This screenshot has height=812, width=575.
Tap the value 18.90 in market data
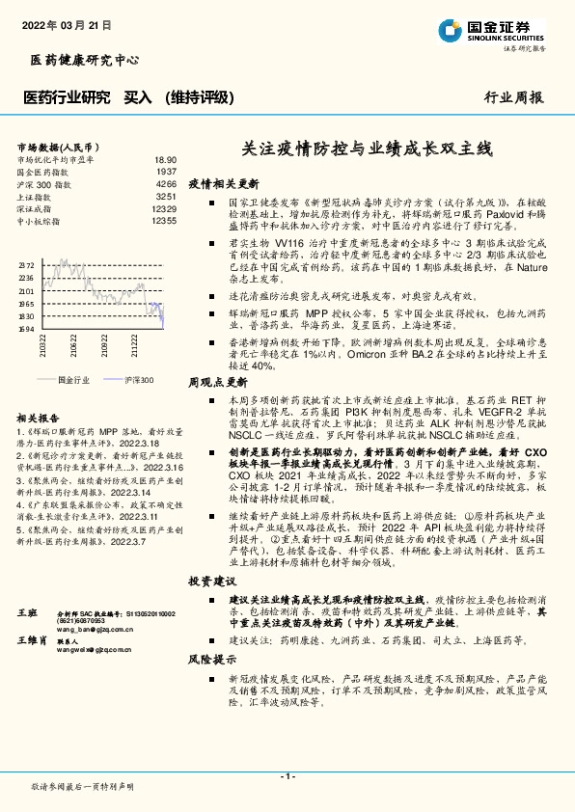165,160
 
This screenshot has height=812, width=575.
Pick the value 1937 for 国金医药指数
166,172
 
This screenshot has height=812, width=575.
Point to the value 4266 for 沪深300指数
166,183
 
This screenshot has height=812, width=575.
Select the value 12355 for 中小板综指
163,221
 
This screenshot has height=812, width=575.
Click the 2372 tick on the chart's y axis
27,263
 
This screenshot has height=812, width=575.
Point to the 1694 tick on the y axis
27,329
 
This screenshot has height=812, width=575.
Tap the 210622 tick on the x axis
74,346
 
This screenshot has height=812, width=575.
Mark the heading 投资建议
211,582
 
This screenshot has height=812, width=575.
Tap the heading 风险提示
211,660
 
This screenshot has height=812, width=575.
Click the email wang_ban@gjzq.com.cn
96,627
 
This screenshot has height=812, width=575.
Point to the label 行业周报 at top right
512,97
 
